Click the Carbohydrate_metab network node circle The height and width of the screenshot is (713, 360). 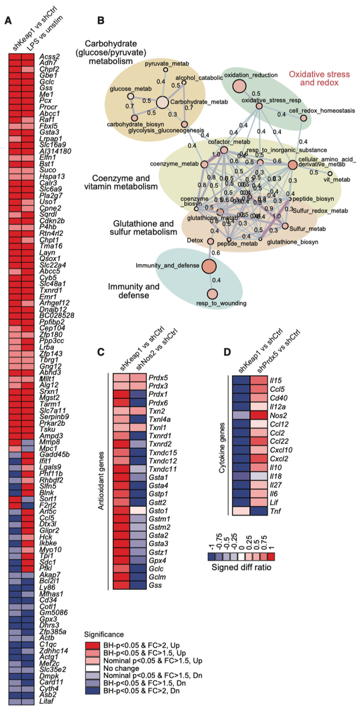click(x=162, y=103)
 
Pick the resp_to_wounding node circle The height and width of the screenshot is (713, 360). click(x=212, y=294)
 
